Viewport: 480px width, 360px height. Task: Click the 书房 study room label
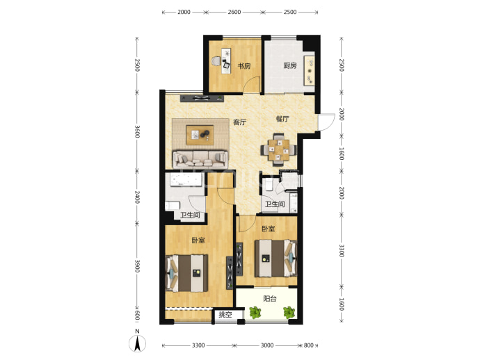click(244, 66)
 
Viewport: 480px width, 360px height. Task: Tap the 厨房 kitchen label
click(289, 65)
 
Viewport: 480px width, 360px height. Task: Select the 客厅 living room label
click(239, 122)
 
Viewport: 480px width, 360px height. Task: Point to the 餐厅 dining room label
click(282, 119)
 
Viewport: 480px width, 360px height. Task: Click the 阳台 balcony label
click(270, 299)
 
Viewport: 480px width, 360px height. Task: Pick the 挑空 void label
click(225, 314)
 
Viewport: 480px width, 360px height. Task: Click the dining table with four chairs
click(278, 150)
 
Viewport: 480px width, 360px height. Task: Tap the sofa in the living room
click(200, 159)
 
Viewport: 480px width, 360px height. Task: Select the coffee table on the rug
click(200, 135)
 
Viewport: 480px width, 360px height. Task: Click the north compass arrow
click(138, 343)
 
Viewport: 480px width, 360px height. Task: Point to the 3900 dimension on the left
click(137, 266)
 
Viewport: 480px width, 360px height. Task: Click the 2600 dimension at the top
click(234, 12)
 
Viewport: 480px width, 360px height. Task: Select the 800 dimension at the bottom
click(309, 345)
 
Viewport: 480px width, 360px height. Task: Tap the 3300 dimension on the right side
click(342, 251)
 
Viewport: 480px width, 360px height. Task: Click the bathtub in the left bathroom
click(184, 180)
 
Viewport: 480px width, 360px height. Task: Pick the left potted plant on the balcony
click(255, 312)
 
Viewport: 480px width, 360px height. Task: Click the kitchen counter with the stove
click(309, 71)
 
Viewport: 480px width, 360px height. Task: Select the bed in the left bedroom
click(186, 273)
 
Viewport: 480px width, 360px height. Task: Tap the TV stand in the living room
click(202, 99)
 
